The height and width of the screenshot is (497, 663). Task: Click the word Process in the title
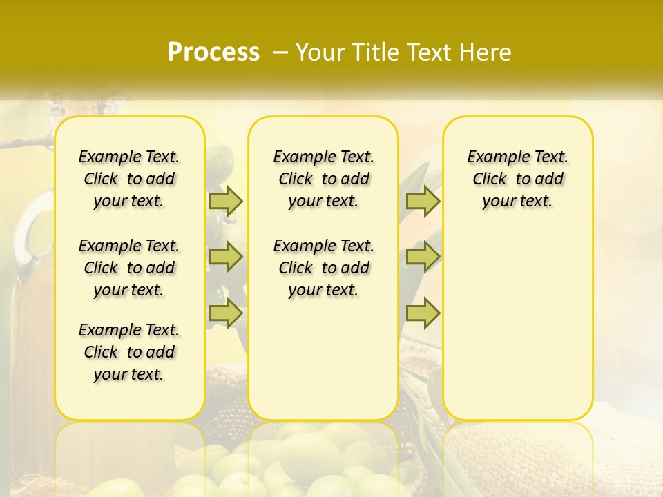pos(213,52)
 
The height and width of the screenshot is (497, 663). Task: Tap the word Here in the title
pos(485,52)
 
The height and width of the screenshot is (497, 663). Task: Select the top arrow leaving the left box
pos(226,201)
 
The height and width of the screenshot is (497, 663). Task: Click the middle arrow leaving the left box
pos(226,257)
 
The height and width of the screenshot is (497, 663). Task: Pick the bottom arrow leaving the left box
pos(226,313)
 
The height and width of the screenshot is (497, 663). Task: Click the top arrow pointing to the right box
pos(423,201)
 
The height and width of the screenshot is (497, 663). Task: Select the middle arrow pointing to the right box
pos(423,257)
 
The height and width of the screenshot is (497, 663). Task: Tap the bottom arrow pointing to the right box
pos(423,313)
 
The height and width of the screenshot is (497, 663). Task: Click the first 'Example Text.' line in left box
pos(129,157)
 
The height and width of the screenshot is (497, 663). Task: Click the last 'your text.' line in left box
pos(129,374)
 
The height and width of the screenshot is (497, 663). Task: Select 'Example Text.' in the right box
pos(518,157)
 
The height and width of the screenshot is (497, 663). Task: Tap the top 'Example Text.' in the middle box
pos(323,157)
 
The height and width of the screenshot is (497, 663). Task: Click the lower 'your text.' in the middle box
pos(323,290)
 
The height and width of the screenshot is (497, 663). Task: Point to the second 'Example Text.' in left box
pos(129,246)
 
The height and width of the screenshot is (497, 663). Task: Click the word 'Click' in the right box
pos(490,179)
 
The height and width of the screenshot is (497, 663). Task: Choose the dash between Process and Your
pos(280,52)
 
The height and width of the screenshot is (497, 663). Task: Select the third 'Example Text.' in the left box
pos(129,330)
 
